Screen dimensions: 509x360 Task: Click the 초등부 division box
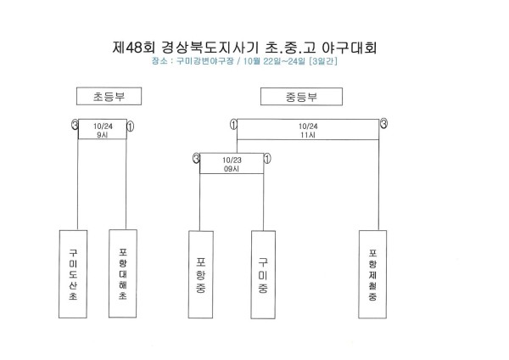109,96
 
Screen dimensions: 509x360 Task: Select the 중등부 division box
301,97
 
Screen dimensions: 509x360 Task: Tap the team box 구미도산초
73,274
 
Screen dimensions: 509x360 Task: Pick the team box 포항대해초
123,273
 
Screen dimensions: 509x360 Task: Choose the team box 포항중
201,274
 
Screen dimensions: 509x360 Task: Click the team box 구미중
263,274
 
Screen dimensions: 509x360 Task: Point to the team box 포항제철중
372,274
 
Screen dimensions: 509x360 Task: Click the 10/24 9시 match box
103,129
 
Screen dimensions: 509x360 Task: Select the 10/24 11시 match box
308,130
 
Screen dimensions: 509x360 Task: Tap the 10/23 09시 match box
232,163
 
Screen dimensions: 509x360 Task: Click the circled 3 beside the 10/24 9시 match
75,124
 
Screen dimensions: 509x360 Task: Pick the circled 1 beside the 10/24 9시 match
130,126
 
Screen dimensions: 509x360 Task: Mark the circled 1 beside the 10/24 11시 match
233,124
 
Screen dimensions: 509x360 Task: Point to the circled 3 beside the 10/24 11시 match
383,123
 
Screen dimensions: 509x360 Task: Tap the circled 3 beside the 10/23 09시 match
196,158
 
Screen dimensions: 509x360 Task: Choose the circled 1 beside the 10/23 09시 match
267,159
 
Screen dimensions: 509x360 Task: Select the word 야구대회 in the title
350,48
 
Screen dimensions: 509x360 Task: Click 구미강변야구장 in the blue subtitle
205,61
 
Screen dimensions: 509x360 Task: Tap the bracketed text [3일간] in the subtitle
323,61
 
